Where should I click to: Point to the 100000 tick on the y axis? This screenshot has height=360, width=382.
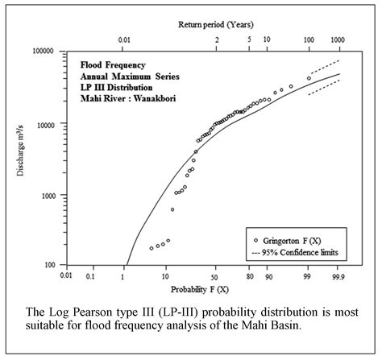(x=40, y=51)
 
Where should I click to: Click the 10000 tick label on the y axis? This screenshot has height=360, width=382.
(x=43, y=122)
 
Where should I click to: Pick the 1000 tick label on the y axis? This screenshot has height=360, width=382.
(x=44, y=195)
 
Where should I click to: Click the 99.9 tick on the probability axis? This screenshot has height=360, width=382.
(x=338, y=275)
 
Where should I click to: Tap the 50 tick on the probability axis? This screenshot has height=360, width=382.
(x=214, y=275)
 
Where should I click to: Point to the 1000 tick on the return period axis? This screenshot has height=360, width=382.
(x=338, y=39)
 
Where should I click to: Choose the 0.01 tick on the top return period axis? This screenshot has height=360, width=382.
(x=124, y=39)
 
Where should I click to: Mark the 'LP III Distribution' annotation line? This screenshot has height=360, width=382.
(x=115, y=87)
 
